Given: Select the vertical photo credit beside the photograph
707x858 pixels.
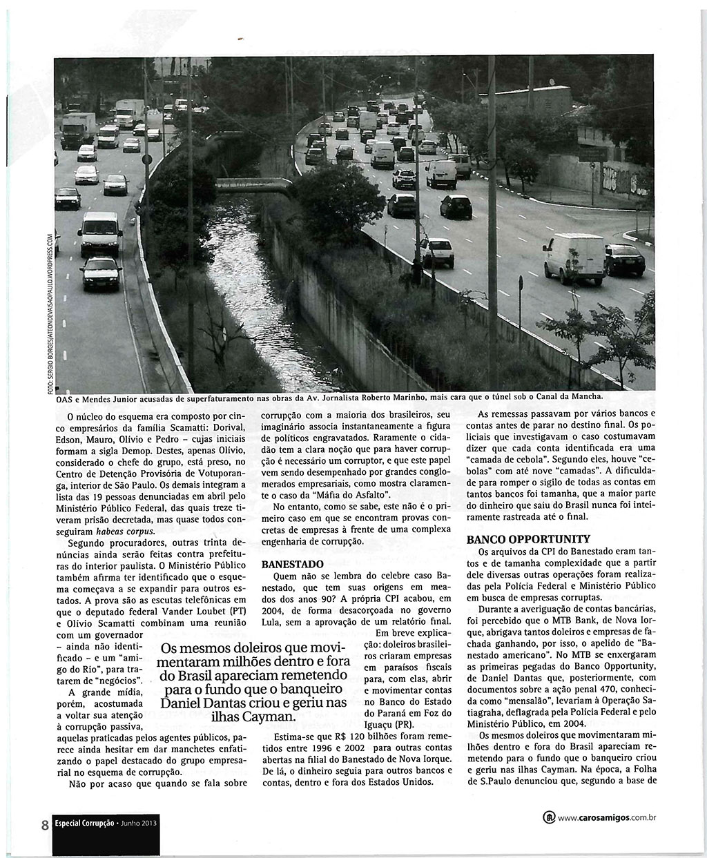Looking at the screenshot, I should tap(50, 315).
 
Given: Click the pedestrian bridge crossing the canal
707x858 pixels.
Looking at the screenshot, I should tap(255, 182).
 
